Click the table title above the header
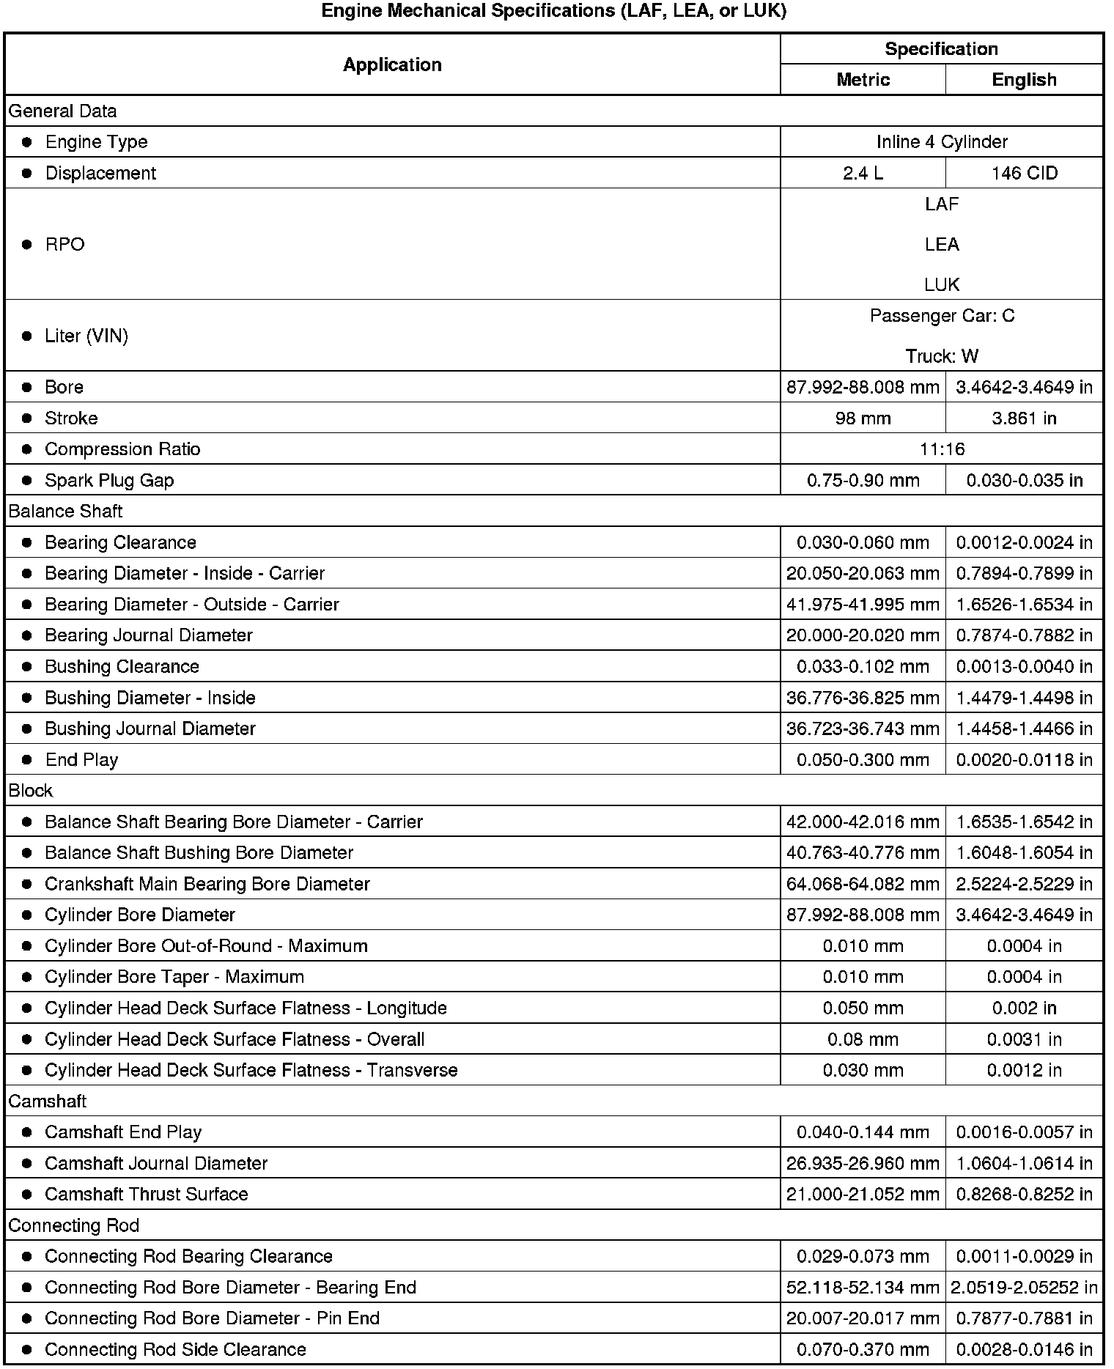553,11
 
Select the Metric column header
863,80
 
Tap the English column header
1024,80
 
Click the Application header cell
392,64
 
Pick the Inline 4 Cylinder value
942,141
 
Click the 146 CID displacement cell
1024,173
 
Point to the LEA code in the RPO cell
942,244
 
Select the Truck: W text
942,356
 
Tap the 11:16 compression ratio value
942,449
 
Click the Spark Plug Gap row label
109,481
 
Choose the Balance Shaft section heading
65,512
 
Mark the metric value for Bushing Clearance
863,667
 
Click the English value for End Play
1024,760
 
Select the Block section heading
31,791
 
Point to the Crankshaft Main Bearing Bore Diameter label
207,884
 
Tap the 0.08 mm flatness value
863,1039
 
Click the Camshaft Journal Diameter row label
156,1163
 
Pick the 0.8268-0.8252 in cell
1024,1195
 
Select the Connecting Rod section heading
73,1225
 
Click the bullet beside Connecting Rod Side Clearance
27,1350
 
